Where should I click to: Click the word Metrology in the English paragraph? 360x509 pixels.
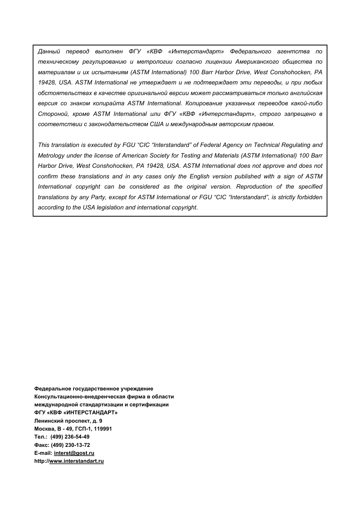51,156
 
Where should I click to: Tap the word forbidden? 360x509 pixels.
310,197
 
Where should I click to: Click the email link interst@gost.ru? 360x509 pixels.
74,453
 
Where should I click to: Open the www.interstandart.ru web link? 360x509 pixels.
77,461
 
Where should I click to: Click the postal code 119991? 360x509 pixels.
102,429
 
